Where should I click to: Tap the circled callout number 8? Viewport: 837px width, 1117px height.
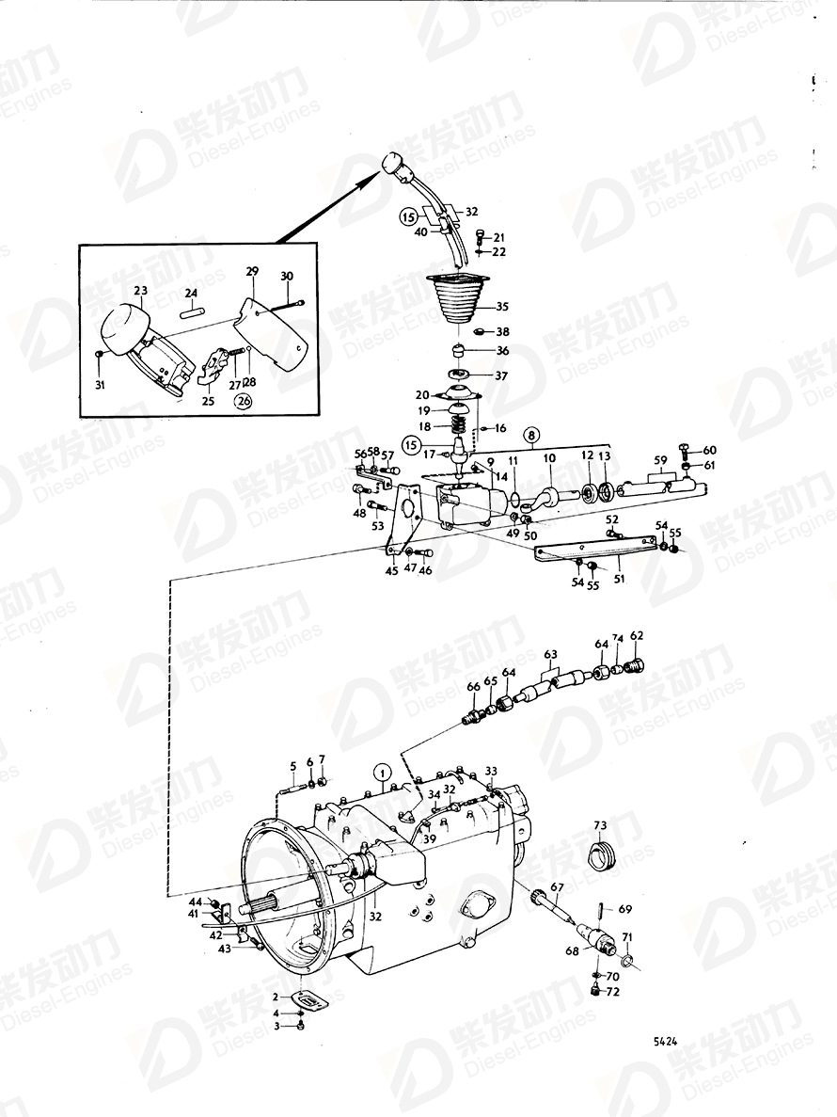(532, 436)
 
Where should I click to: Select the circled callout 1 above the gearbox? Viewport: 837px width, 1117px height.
(381, 774)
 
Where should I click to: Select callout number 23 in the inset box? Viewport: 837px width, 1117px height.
(141, 292)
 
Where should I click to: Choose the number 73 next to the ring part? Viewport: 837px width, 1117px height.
(599, 824)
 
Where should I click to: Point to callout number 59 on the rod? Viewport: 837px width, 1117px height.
(661, 461)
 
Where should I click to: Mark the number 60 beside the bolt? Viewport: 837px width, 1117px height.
(709, 450)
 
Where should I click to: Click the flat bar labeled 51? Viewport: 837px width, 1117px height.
(592, 552)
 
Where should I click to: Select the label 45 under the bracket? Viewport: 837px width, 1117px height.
(391, 568)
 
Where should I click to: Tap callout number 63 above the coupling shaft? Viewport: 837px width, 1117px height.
(550, 653)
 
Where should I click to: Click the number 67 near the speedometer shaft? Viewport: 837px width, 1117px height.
(557, 887)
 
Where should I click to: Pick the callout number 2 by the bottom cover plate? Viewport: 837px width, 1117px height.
(275, 996)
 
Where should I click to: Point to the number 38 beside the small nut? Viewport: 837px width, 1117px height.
(502, 332)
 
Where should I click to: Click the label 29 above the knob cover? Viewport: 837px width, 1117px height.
(252, 271)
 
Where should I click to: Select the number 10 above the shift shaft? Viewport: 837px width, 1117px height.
(548, 458)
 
